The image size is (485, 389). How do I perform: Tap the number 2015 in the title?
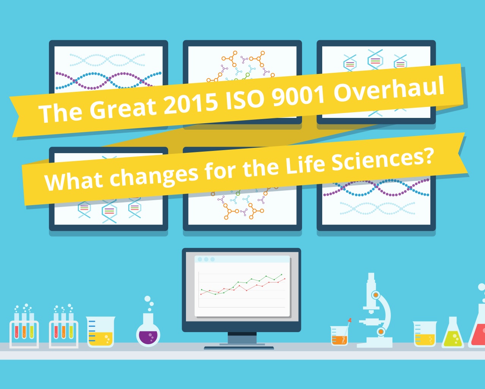191,104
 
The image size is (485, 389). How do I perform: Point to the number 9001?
298,95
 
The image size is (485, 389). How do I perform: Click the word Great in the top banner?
123,109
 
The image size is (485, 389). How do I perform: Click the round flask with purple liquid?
148,330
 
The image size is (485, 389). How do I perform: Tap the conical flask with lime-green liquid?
452,333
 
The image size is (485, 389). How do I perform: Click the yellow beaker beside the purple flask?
101,332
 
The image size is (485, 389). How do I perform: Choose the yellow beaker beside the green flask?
425,334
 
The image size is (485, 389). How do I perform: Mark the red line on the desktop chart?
243,287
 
